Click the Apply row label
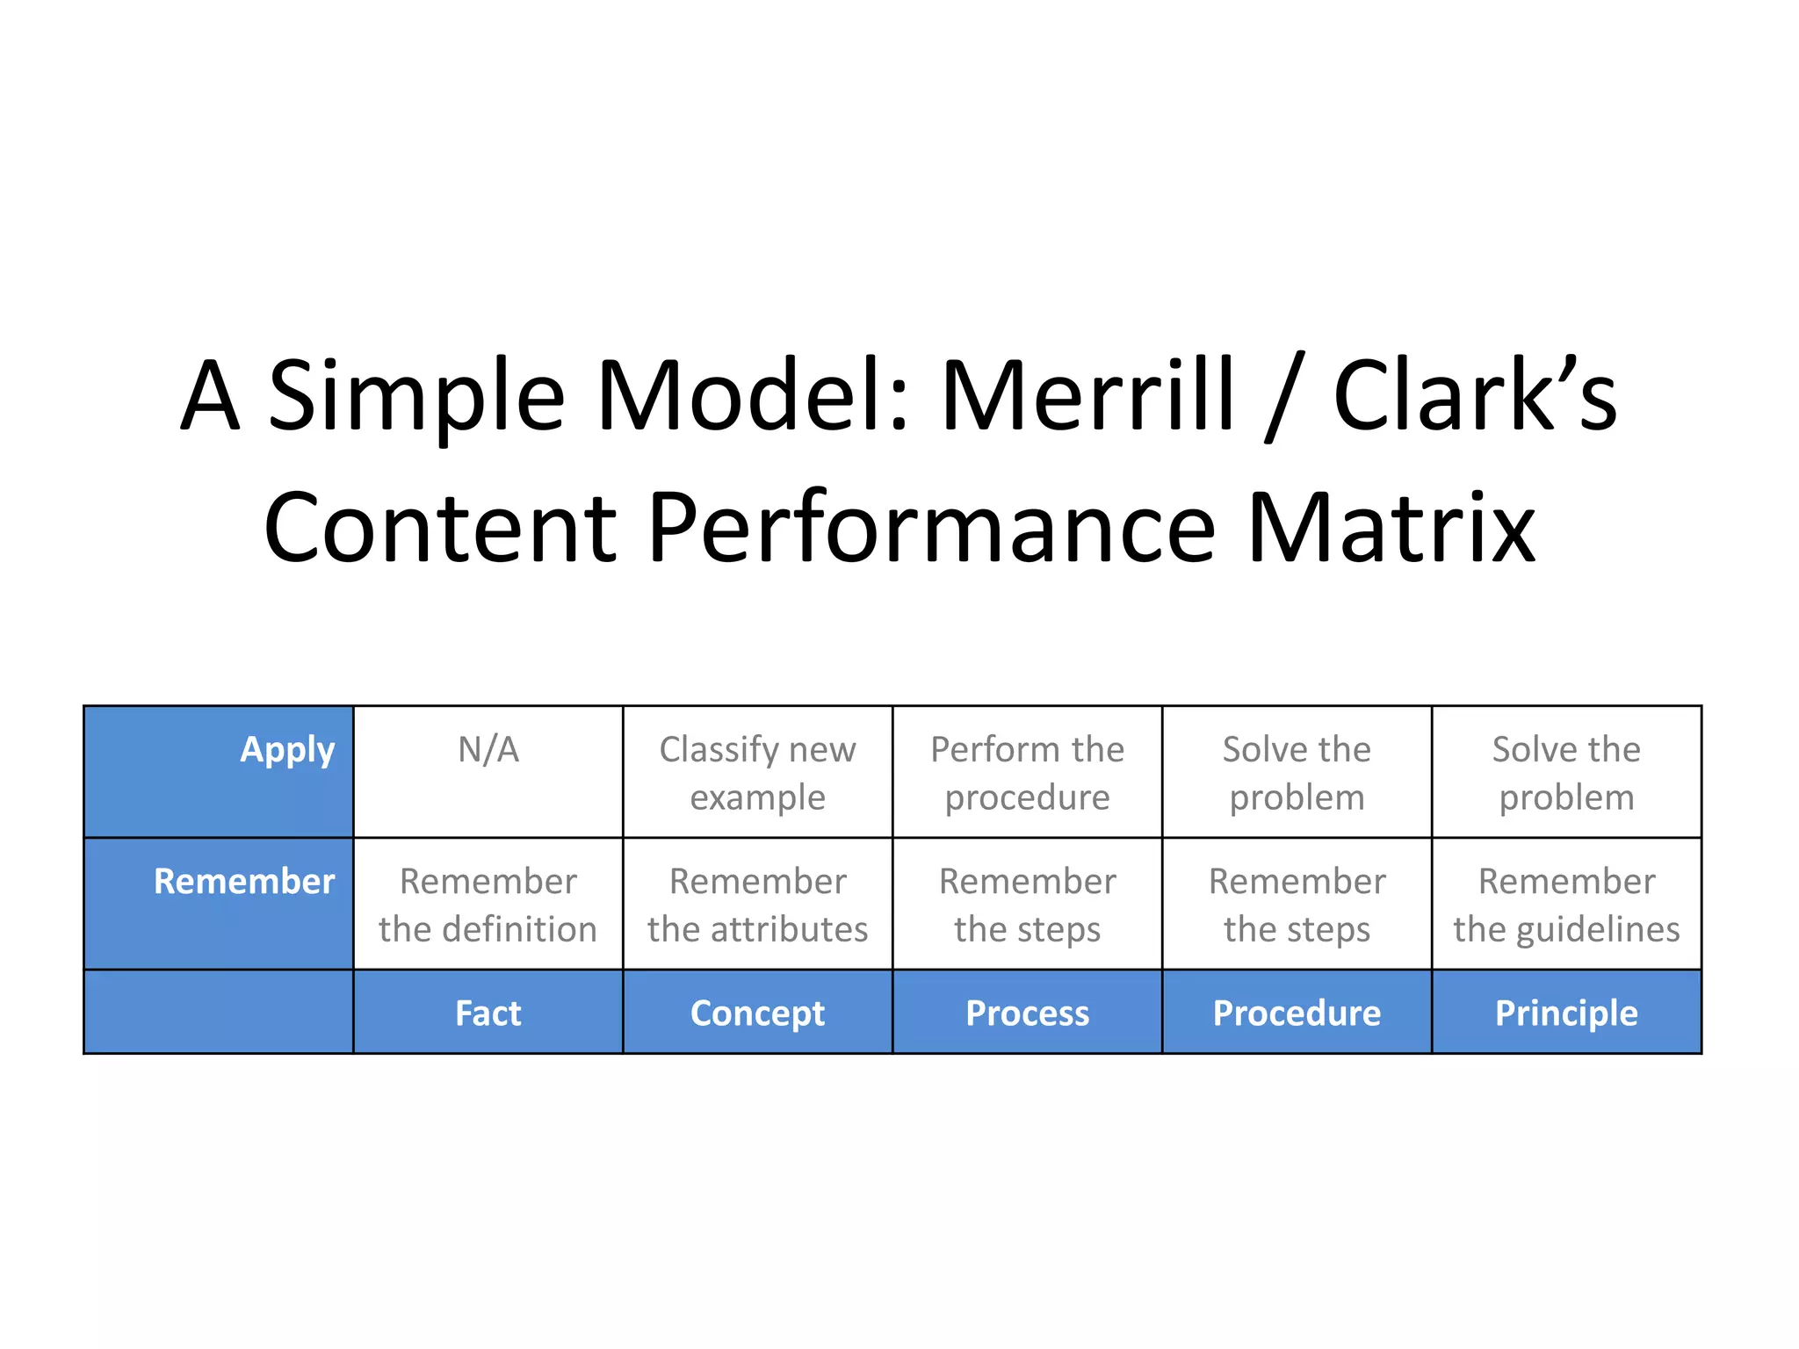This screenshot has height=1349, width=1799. click(287, 751)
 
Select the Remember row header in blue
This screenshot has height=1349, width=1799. click(244, 882)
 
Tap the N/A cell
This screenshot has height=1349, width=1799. click(488, 751)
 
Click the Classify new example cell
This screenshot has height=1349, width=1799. click(757, 773)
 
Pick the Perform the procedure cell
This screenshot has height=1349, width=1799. click(1027, 773)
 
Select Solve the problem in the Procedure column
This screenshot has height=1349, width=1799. click(1297, 773)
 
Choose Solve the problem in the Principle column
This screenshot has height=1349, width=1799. click(1566, 773)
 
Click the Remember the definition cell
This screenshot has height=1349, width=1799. click(488, 905)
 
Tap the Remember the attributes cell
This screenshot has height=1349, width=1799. click(757, 905)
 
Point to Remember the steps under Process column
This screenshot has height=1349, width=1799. click(1027, 905)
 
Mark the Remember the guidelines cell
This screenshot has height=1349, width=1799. click(1566, 905)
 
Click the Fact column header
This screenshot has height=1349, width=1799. click(488, 1014)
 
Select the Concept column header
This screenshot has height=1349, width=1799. click(757, 1014)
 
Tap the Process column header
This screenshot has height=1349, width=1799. click(1027, 1014)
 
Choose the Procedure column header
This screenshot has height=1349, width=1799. click(1297, 1014)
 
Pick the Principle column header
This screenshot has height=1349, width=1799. click(1566, 1014)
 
